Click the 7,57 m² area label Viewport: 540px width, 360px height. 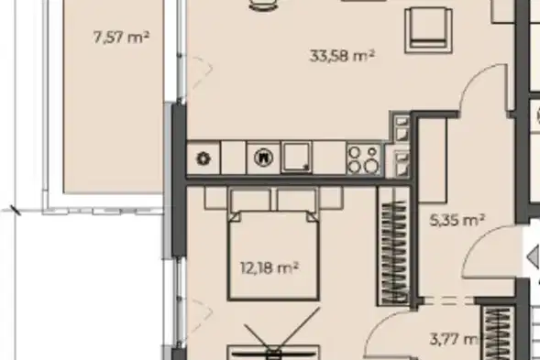pyautogui.click(x=121, y=37)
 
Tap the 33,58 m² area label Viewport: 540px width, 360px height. pyautogui.click(x=342, y=55)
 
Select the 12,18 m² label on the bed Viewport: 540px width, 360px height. pyautogui.click(x=270, y=267)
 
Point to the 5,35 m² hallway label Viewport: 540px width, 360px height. pyautogui.click(x=457, y=220)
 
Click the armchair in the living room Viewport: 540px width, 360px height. pyautogui.click(x=429, y=30)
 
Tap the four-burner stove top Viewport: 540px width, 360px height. pyautogui.click(x=364, y=159)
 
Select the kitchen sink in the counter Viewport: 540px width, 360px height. pyautogui.click(x=296, y=157)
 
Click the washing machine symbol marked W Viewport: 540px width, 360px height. pyautogui.click(x=263, y=158)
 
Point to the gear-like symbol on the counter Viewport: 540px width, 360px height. pyautogui.click(x=204, y=158)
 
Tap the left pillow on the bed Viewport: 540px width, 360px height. pyautogui.click(x=251, y=200)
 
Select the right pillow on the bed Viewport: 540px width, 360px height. pyautogui.click(x=296, y=200)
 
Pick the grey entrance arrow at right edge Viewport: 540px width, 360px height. pyautogui.click(x=534, y=256)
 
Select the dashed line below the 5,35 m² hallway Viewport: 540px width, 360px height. pyautogui.click(x=447, y=301)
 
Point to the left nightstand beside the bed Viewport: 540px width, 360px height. pyautogui.click(x=216, y=198)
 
